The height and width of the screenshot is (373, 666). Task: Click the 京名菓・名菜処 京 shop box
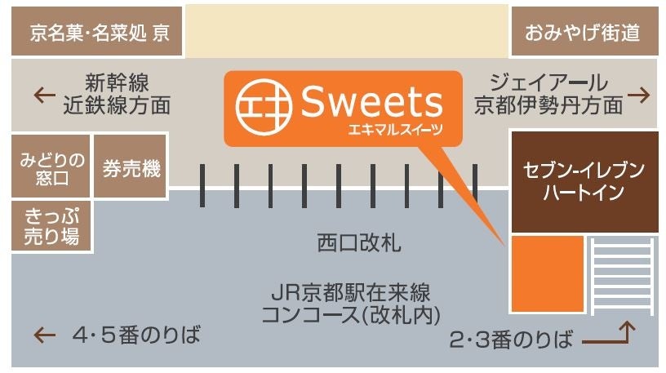point(97,33)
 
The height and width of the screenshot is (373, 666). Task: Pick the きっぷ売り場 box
point(50,226)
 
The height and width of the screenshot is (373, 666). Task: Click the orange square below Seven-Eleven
point(547,274)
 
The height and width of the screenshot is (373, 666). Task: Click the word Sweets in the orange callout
point(371,104)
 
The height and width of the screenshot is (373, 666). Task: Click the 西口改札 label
point(357,243)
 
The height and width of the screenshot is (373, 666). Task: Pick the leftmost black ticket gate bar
point(203,185)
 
